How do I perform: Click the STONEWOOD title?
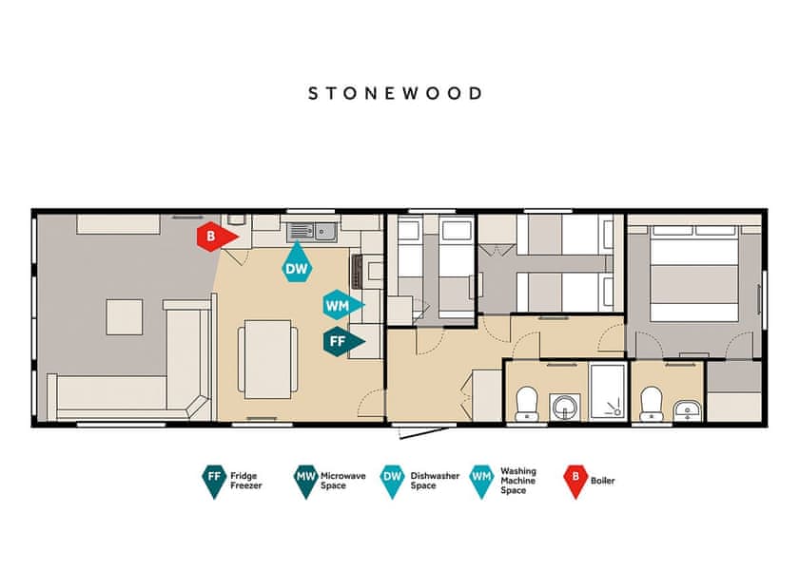395,94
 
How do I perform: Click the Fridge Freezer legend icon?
214,481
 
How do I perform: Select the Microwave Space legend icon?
305,481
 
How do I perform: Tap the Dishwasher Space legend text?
435,481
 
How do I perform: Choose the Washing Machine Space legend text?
518,481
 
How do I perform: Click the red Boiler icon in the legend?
575,481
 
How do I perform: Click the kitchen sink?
311,232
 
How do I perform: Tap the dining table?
267,359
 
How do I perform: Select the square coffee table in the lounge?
125,317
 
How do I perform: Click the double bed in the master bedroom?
694,274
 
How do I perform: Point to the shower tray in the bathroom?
608,391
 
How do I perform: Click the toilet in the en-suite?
652,404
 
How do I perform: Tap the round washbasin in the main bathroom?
565,408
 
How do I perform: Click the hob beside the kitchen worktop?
357,272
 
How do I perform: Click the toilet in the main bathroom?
527,404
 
